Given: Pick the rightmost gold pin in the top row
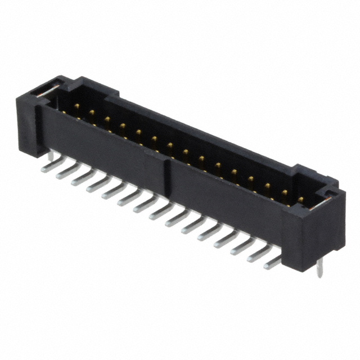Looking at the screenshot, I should (x=300, y=199).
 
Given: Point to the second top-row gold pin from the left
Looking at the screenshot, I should (x=91, y=112).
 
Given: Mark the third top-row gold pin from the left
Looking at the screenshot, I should (x=106, y=119).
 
